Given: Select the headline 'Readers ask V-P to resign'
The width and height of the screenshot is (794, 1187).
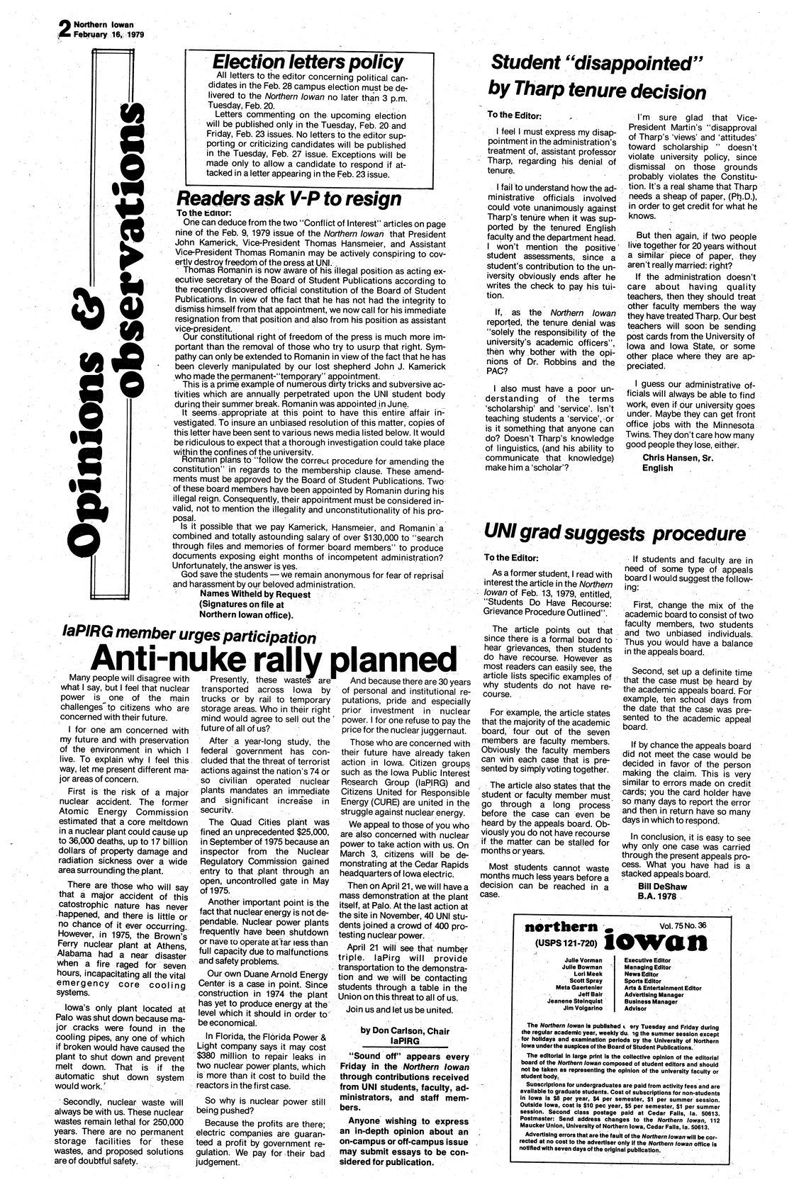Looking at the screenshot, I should point(289,198).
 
